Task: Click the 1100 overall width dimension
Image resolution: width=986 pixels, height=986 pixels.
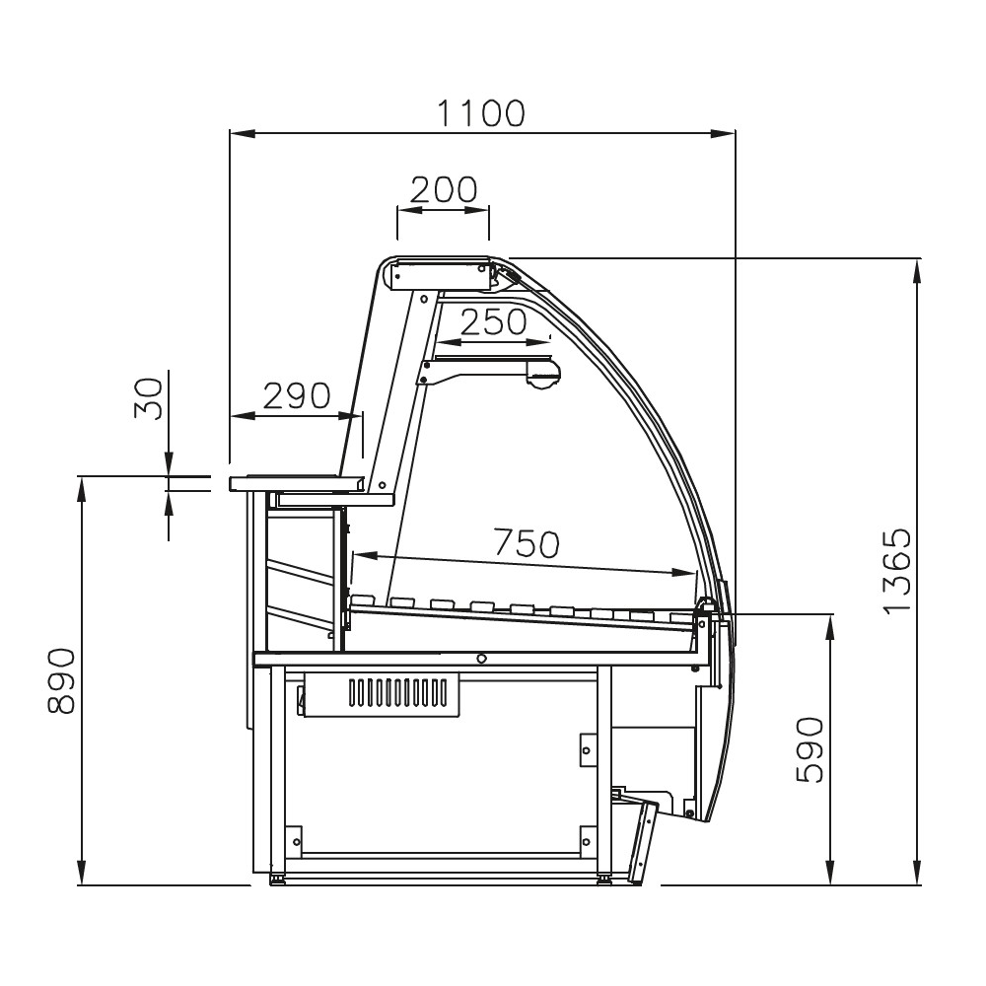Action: coord(481,113)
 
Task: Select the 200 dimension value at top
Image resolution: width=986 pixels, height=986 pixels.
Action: coord(443,189)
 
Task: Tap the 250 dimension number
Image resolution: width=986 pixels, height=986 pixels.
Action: coord(494,322)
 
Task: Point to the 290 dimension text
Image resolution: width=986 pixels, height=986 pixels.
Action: coord(296,395)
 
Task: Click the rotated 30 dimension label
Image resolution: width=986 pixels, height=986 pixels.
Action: coord(148,397)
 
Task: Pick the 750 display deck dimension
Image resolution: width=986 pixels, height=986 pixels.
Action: coord(527,542)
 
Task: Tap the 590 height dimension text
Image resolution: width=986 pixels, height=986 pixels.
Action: coord(809,750)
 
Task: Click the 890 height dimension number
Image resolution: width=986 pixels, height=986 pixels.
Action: coord(61,680)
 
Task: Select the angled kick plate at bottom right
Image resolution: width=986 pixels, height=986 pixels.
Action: coord(645,844)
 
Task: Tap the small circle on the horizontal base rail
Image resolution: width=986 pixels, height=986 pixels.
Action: coord(481,659)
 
